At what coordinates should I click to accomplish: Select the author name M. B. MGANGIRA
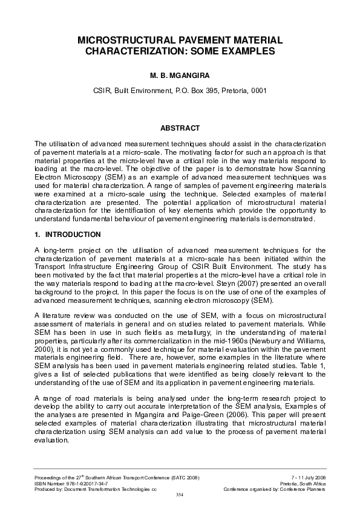[180, 77]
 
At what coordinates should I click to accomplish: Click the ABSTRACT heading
[180, 128]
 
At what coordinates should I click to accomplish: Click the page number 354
[179, 495]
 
